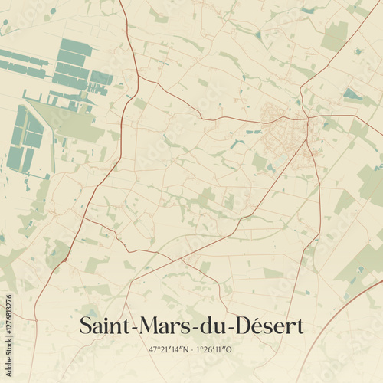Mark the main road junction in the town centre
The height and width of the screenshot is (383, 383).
(306, 118)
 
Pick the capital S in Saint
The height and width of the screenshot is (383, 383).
(85, 326)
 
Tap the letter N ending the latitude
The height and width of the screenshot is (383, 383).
(185, 349)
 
